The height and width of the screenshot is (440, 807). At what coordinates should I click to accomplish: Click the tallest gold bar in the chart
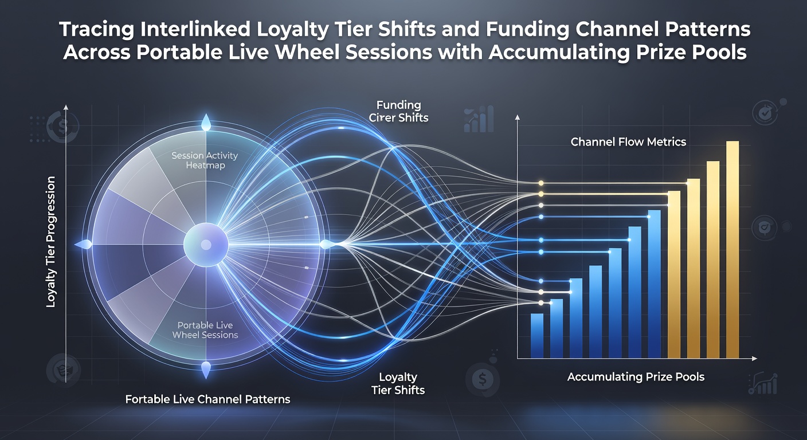(x=732, y=249)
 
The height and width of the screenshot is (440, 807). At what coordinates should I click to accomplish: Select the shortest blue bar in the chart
(x=537, y=336)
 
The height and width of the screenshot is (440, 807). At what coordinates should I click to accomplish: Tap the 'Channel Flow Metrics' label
(x=628, y=142)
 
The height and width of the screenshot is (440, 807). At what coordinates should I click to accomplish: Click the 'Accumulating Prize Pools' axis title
(x=636, y=377)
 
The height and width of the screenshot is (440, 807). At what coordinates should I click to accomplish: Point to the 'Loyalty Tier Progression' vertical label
(x=51, y=242)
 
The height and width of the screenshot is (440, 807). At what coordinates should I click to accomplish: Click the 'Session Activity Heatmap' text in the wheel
(x=205, y=160)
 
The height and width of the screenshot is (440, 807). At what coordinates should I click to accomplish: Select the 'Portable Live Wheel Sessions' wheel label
(x=205, y=330)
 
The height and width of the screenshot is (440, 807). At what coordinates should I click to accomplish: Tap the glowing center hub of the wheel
(x=206, y=245)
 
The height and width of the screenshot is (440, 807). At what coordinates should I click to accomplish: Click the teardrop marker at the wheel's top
(x=206, y=123)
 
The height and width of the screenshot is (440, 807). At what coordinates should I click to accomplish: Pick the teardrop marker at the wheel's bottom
(x=206, y=370)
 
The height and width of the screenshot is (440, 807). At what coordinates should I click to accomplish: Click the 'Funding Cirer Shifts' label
(x=398, y=111)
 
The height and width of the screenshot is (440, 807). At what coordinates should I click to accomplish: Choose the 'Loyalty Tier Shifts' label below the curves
(x=398, y=383)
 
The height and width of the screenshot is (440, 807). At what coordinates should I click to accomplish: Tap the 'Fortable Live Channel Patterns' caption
(x=207, y=399)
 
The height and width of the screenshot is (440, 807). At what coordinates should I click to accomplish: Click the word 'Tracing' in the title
(x=96, y=30)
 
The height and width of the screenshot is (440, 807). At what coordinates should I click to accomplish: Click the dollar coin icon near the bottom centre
(x=483, y=379)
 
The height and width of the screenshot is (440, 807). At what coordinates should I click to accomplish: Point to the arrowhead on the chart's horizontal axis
(x=754, y=359)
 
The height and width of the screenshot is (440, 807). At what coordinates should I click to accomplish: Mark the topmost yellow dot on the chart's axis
(x=540, y=183)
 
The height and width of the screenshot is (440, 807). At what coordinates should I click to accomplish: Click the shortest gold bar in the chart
(x=674, y=274)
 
